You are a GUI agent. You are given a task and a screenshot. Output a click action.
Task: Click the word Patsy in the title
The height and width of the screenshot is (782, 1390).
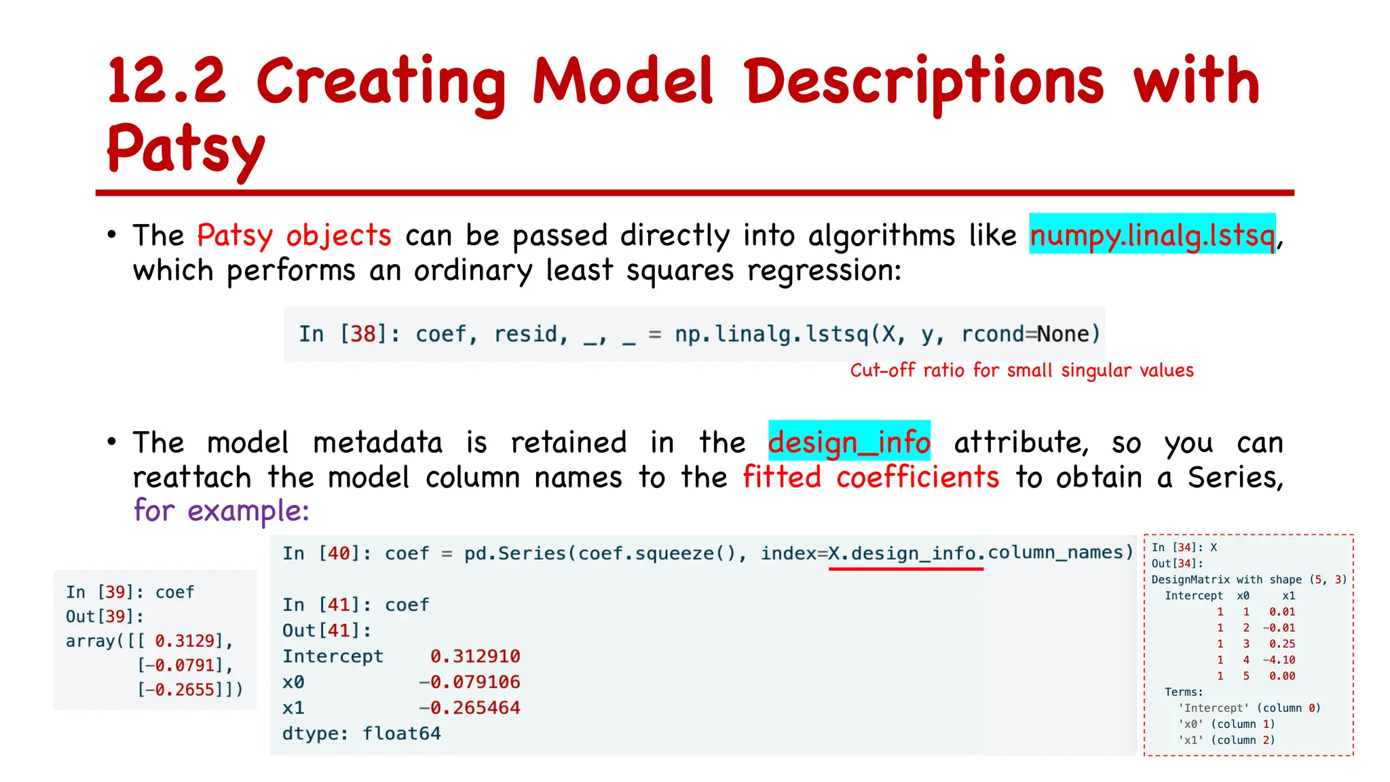[x=185, y=149]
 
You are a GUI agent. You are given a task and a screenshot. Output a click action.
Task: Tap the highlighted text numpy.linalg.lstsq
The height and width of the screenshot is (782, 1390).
[x=1152, y=235]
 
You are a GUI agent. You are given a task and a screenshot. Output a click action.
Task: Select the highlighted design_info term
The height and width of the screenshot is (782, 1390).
[x=849, y=442]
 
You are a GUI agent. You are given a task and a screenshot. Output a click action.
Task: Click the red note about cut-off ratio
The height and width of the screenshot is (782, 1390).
[x=1021, y=371]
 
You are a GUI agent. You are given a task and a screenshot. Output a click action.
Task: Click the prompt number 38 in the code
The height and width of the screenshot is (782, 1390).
[x=362, y=334]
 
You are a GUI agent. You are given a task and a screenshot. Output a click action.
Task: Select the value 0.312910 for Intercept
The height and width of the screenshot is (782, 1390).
[x=475, y=656]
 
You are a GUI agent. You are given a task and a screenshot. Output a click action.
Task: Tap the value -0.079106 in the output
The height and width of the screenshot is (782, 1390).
[x=470, y=682]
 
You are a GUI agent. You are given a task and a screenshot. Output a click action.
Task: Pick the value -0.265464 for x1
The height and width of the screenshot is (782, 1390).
[x=470, y=708]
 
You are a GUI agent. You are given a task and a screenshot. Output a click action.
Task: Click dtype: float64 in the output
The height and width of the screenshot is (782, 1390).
[x=361, y=734]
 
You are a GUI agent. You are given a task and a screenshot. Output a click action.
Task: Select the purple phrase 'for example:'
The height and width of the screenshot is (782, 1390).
[x=221, y=510]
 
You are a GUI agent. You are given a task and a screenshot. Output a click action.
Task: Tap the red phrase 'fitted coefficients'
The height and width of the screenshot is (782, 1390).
[x=871, y=477]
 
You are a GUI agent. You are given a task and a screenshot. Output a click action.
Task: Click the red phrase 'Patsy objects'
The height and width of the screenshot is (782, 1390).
[x=294, y=236]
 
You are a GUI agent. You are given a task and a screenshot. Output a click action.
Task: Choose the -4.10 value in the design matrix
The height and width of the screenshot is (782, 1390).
[x=1279, y=660]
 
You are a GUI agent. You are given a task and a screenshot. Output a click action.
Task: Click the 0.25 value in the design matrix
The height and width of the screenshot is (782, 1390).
[x=1282, y=644]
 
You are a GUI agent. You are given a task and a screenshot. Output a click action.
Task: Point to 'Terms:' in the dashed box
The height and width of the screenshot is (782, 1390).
[x=1184, y=692]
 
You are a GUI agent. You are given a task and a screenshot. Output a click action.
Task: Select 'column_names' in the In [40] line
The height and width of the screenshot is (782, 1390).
[x=1060, y=553]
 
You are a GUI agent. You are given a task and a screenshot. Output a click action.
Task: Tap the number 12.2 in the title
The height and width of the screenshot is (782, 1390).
[x=167, y=81]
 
